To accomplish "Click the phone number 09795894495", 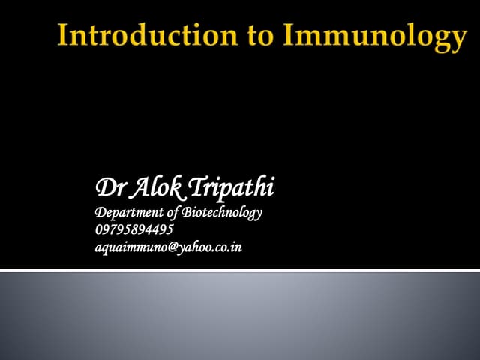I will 134,229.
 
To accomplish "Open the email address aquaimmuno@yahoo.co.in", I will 169,247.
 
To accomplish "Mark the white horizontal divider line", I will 240,270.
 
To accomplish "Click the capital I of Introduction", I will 64,35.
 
